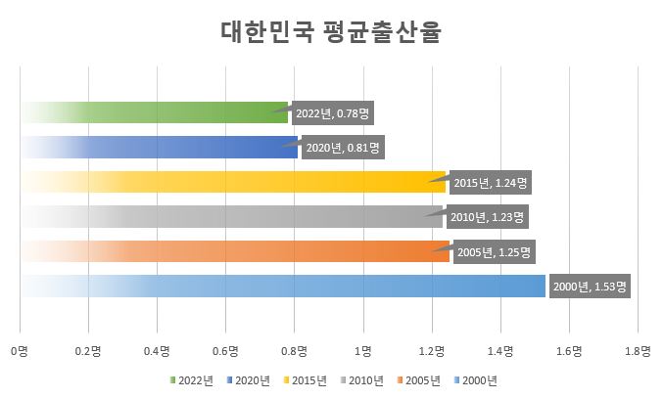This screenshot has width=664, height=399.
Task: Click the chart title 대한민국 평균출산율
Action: point(331,33)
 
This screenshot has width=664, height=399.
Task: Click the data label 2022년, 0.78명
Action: point(332,113)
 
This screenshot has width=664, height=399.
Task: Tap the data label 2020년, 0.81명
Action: point(341,149)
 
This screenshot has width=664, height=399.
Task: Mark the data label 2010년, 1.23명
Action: point(487,216)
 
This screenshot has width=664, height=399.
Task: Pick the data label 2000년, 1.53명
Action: point(590,288)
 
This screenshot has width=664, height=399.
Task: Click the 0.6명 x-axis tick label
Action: point(225,349)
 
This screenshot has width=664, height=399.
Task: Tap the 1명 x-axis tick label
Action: point(363,349)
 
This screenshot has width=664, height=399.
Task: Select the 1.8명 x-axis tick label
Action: point(638,349)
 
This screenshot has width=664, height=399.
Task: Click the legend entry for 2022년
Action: point(191,379)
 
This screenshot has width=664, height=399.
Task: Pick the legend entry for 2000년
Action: point(476,379)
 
